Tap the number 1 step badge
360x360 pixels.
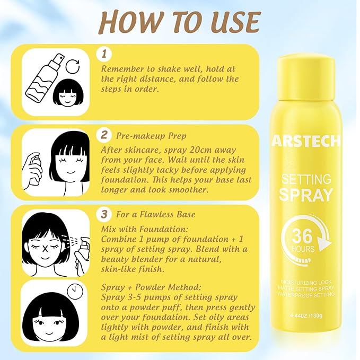[x=104, y=54]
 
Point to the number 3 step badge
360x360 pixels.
[x=104, y=214]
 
